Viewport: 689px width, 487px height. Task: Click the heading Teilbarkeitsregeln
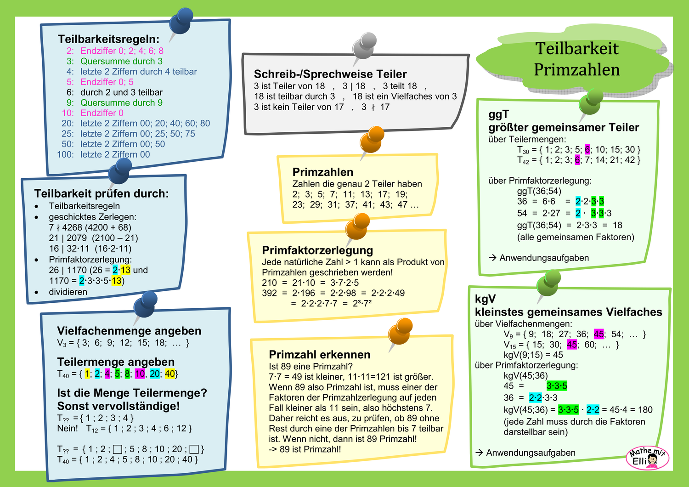pyautogui.click(x=108, y=39)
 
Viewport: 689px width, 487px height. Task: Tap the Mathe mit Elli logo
pyautogui.click(x=647, y=458)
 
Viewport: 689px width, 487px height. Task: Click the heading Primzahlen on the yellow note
pyautogui.click(x=323, y=172)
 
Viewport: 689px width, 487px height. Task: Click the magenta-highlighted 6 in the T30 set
pyautogui.click(x=587, y=150)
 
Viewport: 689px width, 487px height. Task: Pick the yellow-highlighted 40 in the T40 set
pyautogui.click(x=170, y=374)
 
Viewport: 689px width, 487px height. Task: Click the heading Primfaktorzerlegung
pyautogui.click(x=317, y=250)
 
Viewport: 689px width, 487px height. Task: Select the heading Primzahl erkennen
pyautogui.click(x=320, y=355)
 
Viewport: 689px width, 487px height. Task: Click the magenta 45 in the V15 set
pyautogui.click(x=572, y=345)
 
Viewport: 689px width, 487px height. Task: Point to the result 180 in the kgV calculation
pyautogui.click(x=645, y=410)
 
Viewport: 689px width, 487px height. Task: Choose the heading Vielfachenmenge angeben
pyautogui.click(x=129, y=331)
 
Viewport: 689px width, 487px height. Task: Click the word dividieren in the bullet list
pyautogui.click(x=68, y=292)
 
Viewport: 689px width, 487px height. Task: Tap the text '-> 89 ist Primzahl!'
pyautogui.click(x=305, y=449)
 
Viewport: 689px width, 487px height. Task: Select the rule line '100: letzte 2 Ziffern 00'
pyautogui.click(x=104, y=154)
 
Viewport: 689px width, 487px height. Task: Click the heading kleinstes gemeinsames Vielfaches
pyautogui.click(x=569, y=312)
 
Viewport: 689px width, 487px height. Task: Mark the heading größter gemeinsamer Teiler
pyautogui.click(x=564, y=127)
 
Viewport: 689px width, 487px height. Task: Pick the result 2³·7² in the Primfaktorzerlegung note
pyautogui.click(x=362, y=303)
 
